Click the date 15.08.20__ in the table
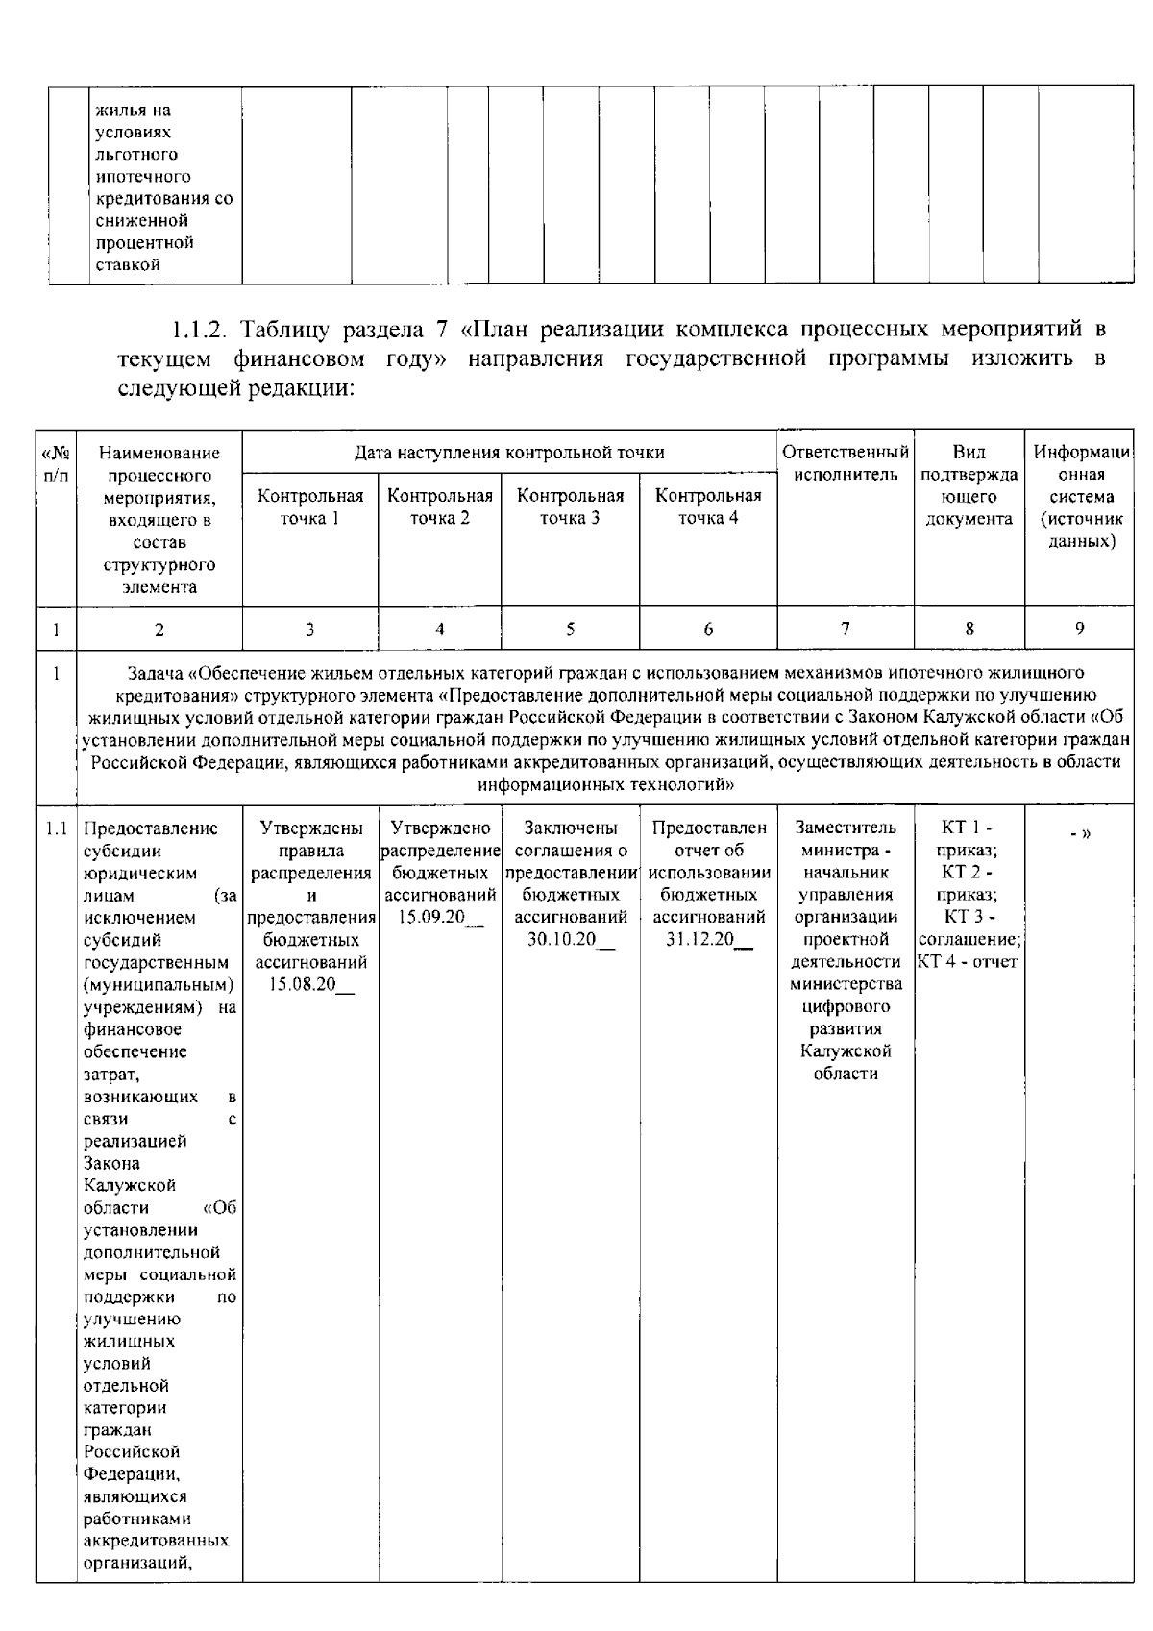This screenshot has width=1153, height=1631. click(x=307, y=984)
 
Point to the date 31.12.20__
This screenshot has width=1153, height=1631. click(x=708, y=940)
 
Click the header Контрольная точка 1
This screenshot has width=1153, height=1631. click(x=310, y=507)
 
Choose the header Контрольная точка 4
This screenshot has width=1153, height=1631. click(x=708, y=507)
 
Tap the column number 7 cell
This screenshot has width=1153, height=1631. click(x=845, y=630)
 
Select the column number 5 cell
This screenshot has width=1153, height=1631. click(x=570, y=630)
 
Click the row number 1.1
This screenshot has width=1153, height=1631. click(x=57, y=828)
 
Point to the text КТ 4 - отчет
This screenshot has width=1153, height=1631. click(x=968, y=962)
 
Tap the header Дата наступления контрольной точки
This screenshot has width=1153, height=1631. click(x=509, y=453)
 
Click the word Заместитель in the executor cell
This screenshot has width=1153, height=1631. click(x=846, y=828)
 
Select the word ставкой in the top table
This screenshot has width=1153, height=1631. click(x=128, y=265)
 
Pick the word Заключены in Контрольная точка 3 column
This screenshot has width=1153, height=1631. click(x=571, y=828)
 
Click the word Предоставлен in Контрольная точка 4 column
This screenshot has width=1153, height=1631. click(x=709, y=828)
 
